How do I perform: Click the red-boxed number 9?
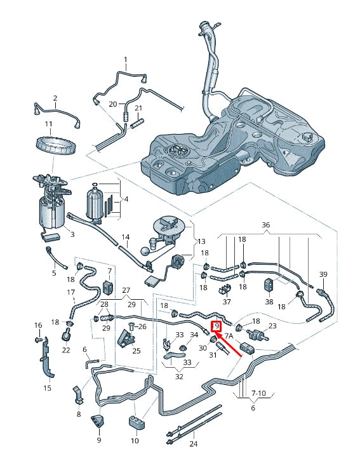pos(217,326)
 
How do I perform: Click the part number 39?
pos(323,274)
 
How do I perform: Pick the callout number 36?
pos(265,224)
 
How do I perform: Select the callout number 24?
pos(193,445)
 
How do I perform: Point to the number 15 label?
pos(48,387)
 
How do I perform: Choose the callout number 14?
pos(125,237)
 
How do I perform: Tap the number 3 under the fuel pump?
pos(72,234)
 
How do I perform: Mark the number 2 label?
pos(55,98)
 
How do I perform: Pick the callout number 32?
pos(179,377)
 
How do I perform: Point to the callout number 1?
pos(125,61)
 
